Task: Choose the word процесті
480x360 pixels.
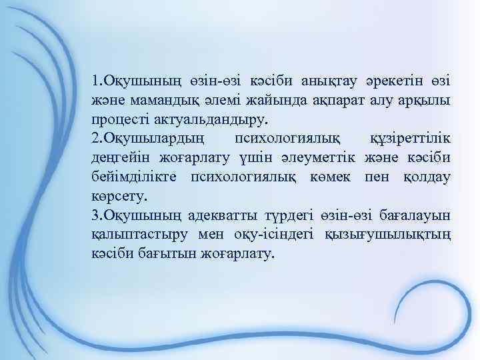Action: (117, 119)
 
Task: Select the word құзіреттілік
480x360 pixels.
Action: (409, 139)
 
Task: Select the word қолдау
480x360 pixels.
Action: (427, 177)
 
